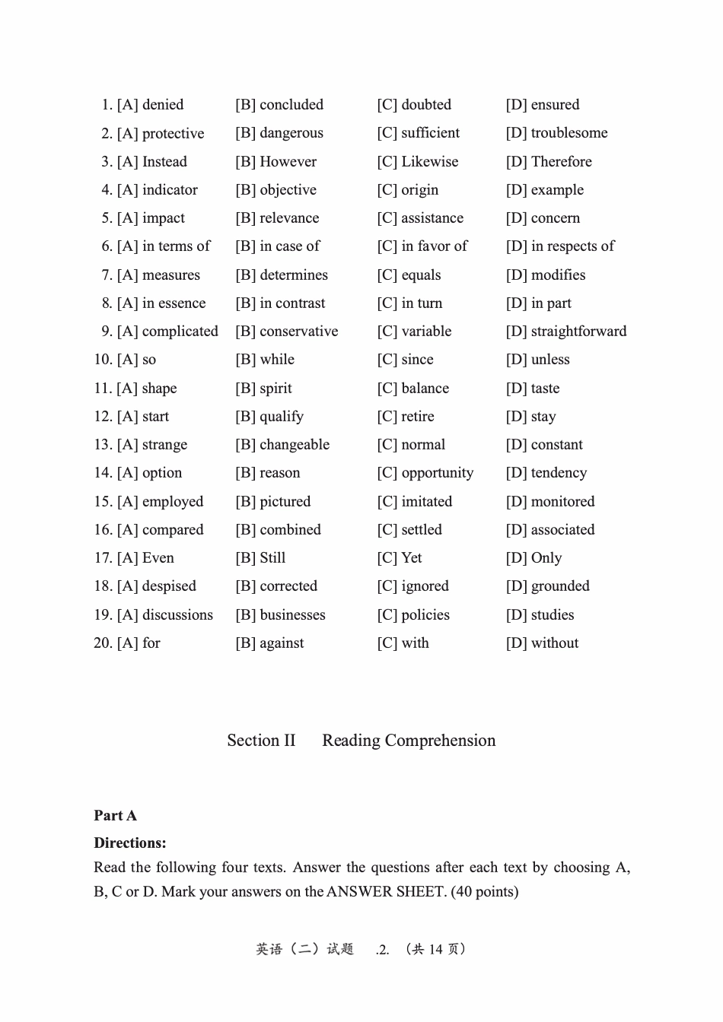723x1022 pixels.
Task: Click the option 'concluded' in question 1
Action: (x=291, y=105)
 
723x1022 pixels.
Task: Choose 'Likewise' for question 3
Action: (x=429, y=162)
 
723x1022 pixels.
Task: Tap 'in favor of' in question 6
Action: (x=434, y=246)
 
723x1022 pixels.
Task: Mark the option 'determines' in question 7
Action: (x=293, y=275)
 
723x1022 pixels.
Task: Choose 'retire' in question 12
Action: (x=417, y=417)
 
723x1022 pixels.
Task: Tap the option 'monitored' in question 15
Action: (x=562, y=502)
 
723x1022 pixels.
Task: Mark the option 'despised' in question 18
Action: (x=168, y=586)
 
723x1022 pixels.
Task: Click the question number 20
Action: (x=103, y=643)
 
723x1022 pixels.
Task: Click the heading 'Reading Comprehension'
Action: (x=409, y=741)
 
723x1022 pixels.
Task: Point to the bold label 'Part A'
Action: (x=115, y=816)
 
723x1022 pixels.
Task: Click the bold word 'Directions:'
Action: (x=129, y=843)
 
